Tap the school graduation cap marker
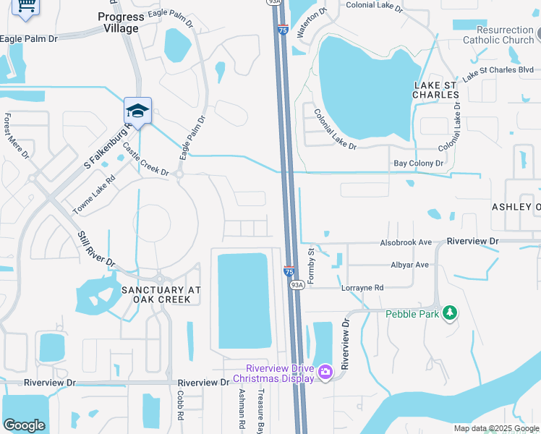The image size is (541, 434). coord(137,111)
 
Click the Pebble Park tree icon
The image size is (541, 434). coord(450,312)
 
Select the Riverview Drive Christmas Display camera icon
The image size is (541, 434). coord(325,372)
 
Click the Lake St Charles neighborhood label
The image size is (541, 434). coord(435,90)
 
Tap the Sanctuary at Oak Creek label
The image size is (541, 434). coord(161,294)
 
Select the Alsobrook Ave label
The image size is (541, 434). coord(406,243)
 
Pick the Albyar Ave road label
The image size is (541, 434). coord(409,265)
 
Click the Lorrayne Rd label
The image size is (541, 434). coord(362,287)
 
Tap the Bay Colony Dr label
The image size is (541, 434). coord(418,164)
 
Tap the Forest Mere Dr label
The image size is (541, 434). coord(16,135)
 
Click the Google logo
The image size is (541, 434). coord(24,425)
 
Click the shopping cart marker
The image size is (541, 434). coord(26,7)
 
